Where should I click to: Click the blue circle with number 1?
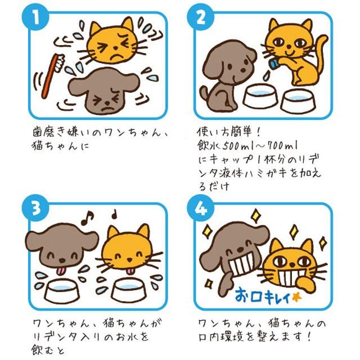[35, 17]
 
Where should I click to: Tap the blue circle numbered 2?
[200, 17]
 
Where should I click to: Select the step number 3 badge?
[35, 208]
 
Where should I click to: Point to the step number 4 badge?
[200, 208]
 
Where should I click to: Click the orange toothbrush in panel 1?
[52, 75]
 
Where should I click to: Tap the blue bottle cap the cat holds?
[274, 63]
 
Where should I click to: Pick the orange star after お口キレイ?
[296, 298]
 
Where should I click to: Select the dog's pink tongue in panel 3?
[61, 271]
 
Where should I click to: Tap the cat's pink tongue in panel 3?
[130, 271]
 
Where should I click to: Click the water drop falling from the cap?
[266, 76]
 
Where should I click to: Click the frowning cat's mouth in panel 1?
[117, 57]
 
